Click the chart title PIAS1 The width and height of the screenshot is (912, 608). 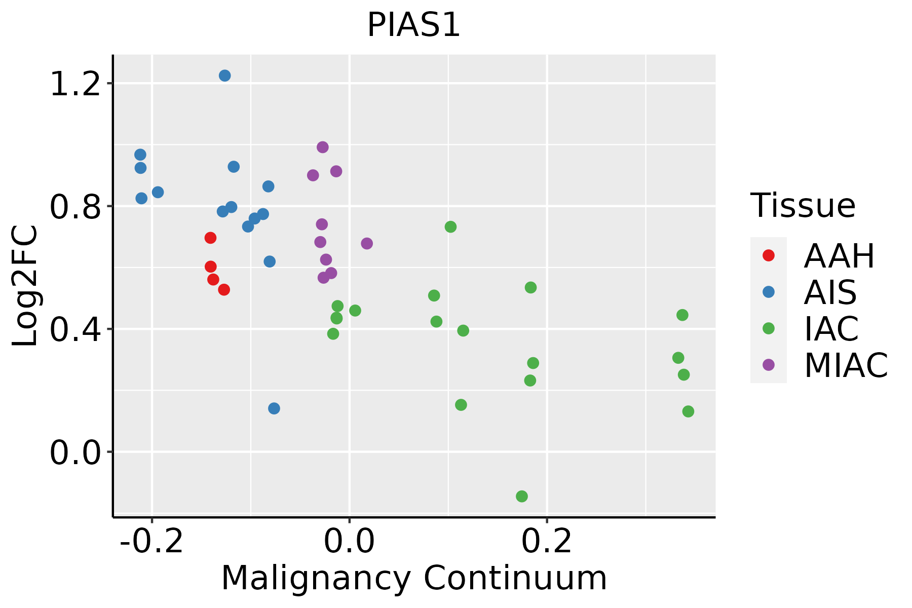pos(413,25)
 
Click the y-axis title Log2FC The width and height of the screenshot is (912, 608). pos(25,286)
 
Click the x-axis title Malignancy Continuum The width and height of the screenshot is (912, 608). pos(413,578)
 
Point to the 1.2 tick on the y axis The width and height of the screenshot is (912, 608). pos(74,84)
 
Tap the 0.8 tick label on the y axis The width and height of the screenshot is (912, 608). pos(74,207)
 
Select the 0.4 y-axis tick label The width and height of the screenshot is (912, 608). pos(74,329)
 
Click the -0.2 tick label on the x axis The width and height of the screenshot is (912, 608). pos(151,541)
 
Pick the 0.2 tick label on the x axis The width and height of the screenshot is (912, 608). pos(547,541)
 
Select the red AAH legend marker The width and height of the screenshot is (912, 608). pos(768,255)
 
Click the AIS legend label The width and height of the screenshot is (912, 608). pos(830,292)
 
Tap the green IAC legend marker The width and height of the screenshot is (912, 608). pos(768,328)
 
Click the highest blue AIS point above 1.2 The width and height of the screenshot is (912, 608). pos(225,75)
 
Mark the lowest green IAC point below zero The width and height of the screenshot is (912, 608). pos(522,496)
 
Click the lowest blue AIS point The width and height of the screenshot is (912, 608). pos(274,408)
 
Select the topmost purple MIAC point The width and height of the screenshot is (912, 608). pos(323,147)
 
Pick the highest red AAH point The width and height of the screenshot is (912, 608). pos(211,238)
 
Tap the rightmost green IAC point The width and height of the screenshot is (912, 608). pos(688,411)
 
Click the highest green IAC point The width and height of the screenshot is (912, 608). pos(450,226)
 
